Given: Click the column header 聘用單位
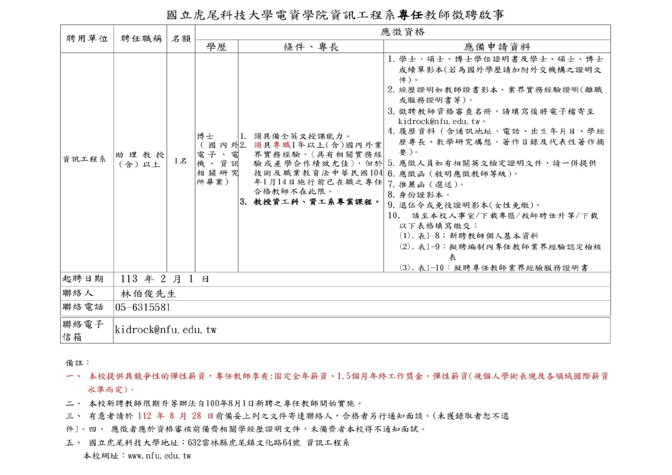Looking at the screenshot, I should pos(87,39).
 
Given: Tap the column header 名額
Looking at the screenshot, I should pos(181,39).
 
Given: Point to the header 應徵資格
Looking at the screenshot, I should pos(402,32).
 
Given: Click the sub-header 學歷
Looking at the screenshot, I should pos(216,47).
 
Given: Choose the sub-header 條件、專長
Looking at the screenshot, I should pos(311,47).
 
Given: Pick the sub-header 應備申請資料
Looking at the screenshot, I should pos(497,47).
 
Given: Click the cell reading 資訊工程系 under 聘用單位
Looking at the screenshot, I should pos(84,159).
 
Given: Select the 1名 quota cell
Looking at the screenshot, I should pos(180,161).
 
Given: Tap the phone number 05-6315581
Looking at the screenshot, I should pos(143,307).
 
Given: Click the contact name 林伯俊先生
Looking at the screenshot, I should pos(148,294).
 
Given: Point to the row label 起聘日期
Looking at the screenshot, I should pos(83,279).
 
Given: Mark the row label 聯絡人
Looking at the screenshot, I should pos(78,294).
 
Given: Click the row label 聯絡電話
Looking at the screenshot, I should pos(83,307).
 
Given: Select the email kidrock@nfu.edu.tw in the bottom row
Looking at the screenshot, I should pos(166,330).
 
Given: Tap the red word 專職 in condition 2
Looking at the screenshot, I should pos(275,145).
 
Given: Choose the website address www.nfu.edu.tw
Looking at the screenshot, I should pos(159,456).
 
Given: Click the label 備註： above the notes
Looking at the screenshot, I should pos(78,363).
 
